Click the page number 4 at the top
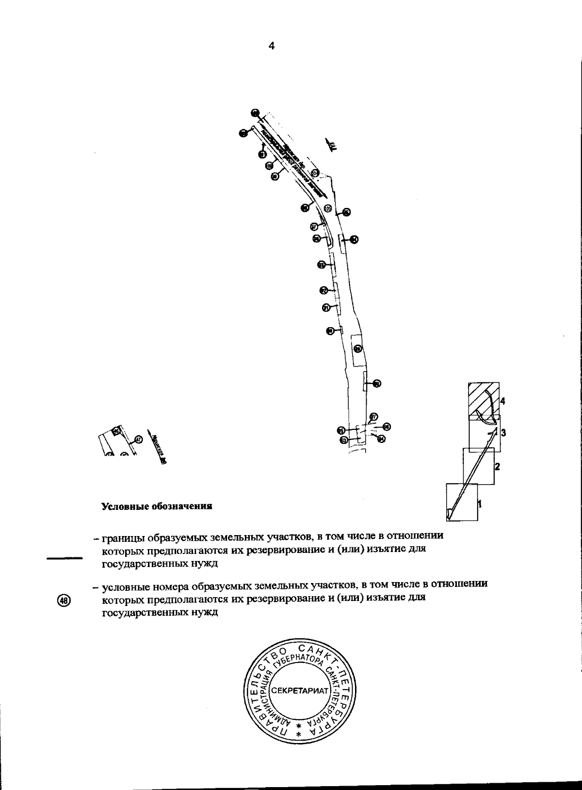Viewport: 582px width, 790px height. point(271,46)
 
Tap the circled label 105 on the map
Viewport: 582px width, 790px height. point(327,208)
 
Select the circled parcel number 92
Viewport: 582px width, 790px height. point(324,290)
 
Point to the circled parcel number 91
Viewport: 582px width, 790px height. point(326,307)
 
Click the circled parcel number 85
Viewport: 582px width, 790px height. point(341,430)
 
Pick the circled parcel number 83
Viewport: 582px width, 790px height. point(343,440)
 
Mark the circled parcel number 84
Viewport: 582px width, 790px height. point(381,439)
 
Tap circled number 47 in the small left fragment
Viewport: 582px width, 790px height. point(139,440)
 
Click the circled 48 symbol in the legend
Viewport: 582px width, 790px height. point(64,600)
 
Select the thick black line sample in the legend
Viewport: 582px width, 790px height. point(65,558)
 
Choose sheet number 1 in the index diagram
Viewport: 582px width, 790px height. point(480,503)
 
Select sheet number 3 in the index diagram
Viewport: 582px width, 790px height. point(503,432)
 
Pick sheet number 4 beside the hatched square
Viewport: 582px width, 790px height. point(503,401)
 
